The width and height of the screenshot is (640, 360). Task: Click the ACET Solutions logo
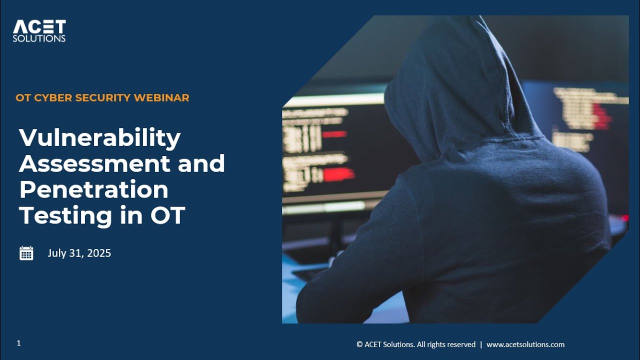tap(39, 30)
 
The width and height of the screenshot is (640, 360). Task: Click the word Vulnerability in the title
tap(99, 138)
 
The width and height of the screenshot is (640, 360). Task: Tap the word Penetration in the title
tap(93, 190)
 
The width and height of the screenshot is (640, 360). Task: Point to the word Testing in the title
tap(65, 216)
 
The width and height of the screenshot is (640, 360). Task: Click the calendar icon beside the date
tap(26, 253)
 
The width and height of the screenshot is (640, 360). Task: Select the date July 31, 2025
tap(79, 253)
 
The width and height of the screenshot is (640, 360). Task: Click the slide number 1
tap(18, 343)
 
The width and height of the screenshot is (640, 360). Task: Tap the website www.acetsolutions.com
tap(525, 344)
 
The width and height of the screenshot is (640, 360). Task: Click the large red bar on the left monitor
tap(339, 174)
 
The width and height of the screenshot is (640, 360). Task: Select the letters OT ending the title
tap(167, 216)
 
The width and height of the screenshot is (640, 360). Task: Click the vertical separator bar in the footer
tap(481, 344)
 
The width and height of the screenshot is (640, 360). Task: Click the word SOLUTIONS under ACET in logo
tap(39, 38)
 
